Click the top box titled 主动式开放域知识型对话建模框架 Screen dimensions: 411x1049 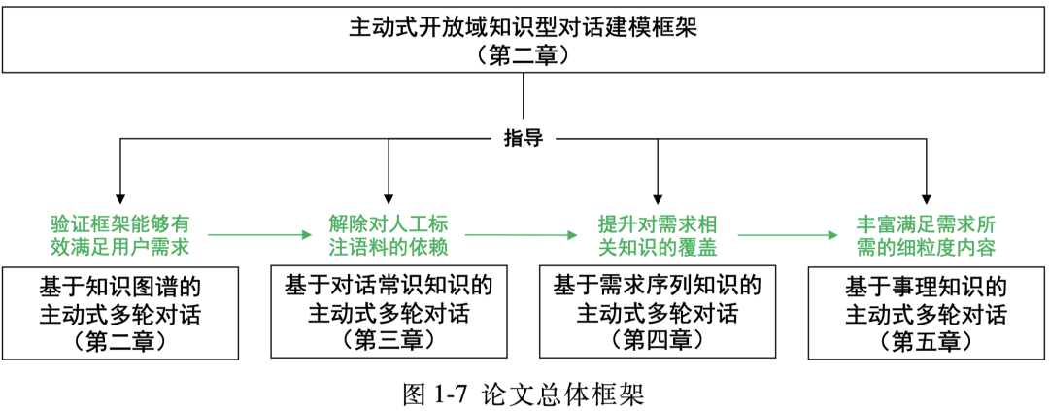524,40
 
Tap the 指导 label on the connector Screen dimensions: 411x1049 524,138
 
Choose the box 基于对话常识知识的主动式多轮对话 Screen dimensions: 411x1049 389,312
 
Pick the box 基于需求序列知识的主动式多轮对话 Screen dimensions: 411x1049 658,312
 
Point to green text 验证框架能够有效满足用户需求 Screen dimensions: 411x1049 119,234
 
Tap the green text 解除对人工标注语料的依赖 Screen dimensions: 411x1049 389,234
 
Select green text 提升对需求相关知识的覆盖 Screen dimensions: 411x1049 658,234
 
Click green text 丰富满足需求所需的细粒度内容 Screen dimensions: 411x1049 926,234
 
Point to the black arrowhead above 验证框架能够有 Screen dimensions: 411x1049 119,193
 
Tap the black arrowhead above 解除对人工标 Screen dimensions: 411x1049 389,193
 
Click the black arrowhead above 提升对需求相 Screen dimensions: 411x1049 658,193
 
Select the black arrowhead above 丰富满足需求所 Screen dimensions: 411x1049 926,193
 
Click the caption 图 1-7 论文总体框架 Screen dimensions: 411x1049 524,393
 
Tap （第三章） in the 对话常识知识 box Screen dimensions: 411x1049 389,339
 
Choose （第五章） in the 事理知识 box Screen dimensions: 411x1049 926,341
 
